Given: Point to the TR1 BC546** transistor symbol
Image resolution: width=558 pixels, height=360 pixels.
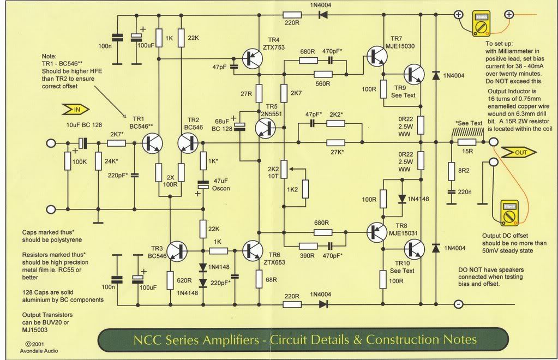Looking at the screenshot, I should [152, 143].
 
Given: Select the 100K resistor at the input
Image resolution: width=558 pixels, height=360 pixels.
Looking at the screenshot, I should [67, 162].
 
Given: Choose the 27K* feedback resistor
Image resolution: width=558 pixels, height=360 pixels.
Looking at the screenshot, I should [337, 143].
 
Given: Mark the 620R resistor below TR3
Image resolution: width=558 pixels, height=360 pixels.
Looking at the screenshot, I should [170, 279].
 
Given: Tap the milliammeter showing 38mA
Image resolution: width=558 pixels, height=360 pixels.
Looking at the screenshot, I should [481, 21].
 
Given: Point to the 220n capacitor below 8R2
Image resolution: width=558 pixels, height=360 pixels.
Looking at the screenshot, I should [451, 191].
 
